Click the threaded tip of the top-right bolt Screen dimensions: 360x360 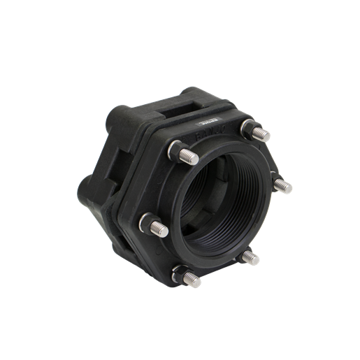point(262,133)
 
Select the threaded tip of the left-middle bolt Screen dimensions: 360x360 point(159,225)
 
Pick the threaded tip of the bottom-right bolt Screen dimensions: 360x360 point(252,259)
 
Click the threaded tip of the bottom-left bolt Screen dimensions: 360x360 point(192,282)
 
